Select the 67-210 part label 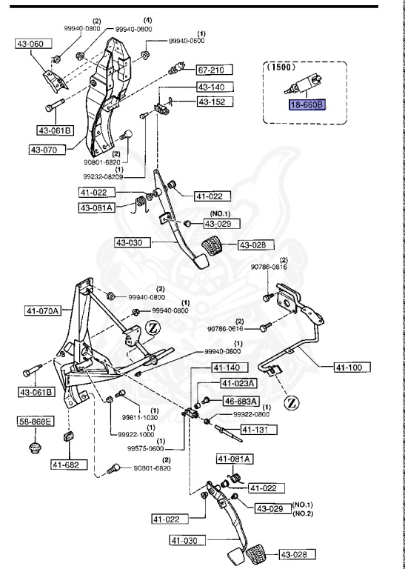pos(215,70)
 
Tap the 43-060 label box pos(33,44)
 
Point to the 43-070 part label pos(47,150)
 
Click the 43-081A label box pos(97,207)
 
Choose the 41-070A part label pos(43,310)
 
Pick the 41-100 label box pos(352,367)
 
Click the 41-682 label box pos(70,465)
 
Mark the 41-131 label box pos(259,430)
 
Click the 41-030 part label pos(188,540)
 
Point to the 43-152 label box pos(215,102)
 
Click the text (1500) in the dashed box pos(281,67)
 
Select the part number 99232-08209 pos(103,177)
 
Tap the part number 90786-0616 pos(225,329)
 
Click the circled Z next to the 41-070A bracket pos(153,328)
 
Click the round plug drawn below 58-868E pos(35,447)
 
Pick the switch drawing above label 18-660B pos(303,84)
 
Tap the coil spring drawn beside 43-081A pos(141,204)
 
